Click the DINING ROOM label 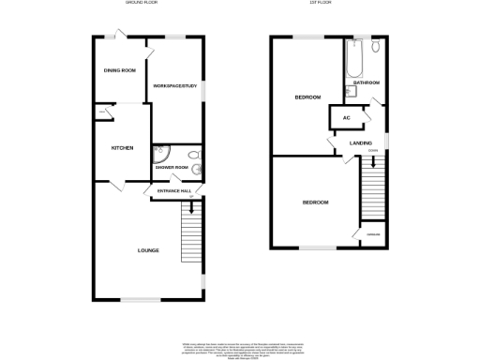coord(120,70)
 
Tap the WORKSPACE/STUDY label coord(175,87)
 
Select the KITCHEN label coord(123,147)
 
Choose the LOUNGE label coord(147,250)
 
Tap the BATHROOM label coord(367,83)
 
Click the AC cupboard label coord(346,117)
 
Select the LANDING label coord(361,142)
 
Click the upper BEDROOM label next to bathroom coord(307,97)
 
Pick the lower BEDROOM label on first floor coord(314,202)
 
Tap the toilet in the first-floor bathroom coord(374,47)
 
